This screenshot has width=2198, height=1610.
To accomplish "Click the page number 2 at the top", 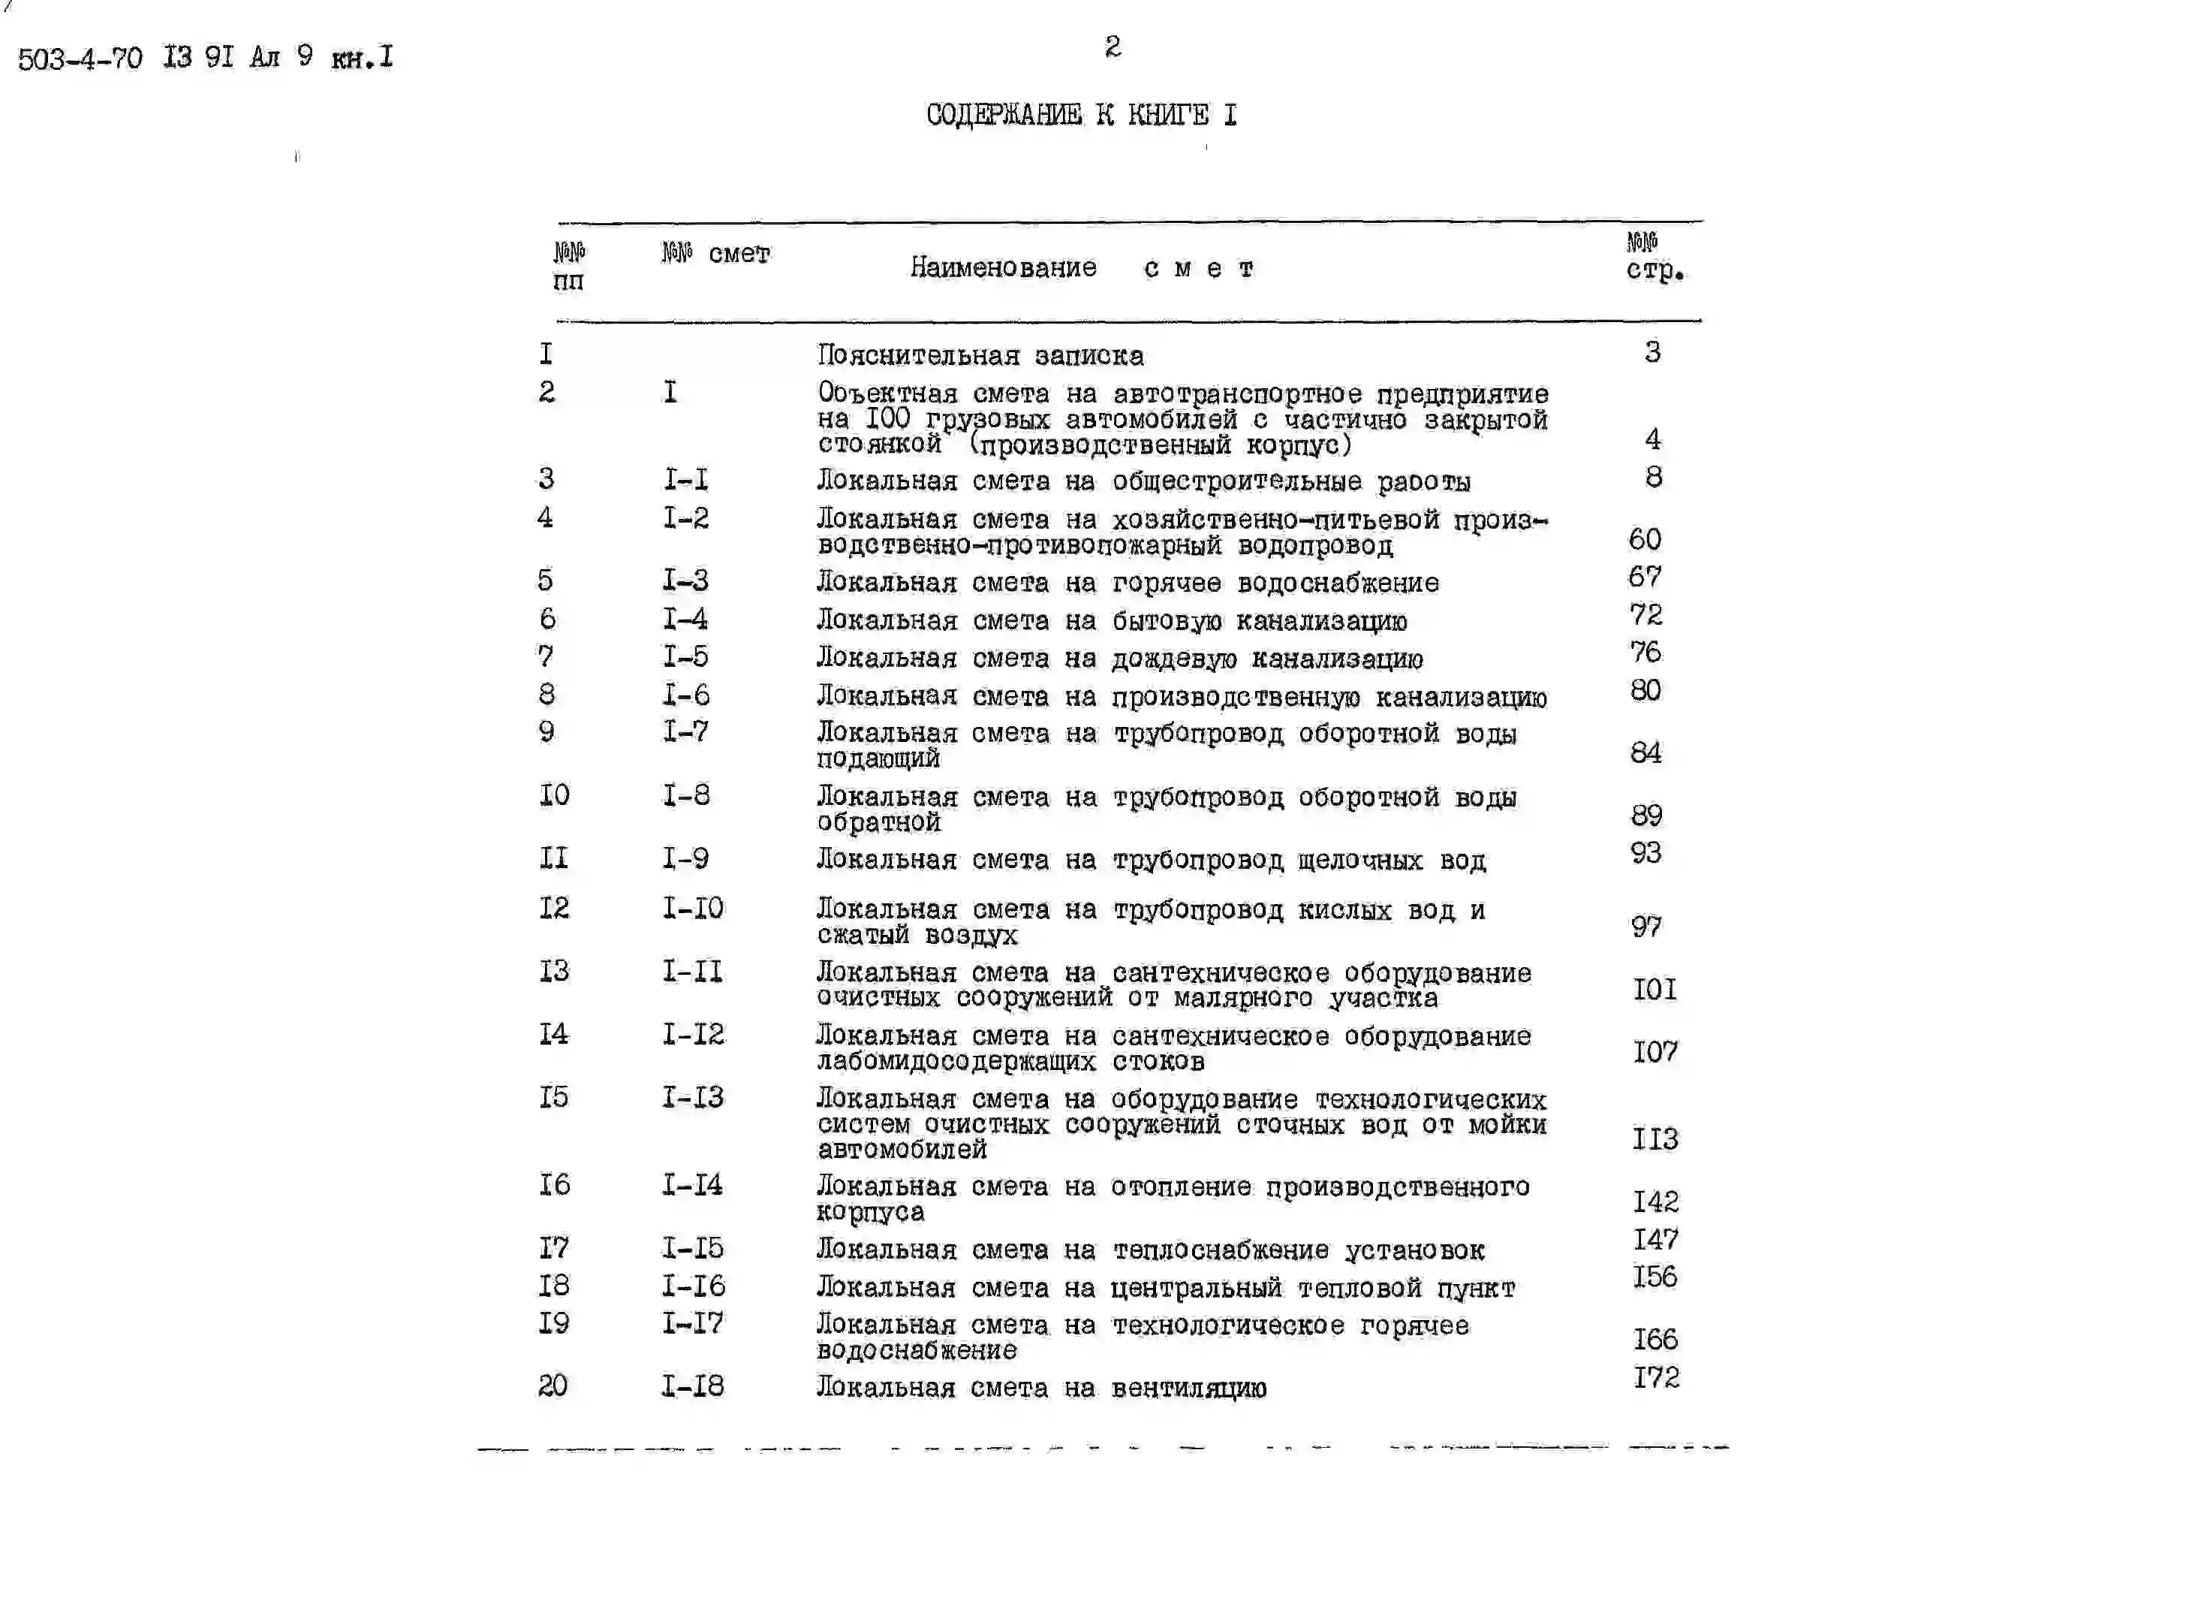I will (1112, 46).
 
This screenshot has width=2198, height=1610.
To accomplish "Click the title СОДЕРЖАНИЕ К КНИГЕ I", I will (1082, 115).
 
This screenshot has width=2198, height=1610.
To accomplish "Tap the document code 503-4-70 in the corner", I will (80, 59).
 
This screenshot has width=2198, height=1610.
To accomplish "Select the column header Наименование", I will (1003, 267).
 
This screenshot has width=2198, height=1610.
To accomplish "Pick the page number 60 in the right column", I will (1645, 539).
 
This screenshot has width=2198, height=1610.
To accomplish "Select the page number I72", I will (1655, 1377).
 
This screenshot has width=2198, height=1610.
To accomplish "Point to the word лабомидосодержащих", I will (956, 1061).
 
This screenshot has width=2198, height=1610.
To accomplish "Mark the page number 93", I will (1645, 853).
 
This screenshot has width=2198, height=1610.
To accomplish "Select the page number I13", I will (1655, 1138).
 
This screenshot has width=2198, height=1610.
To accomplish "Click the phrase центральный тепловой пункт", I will (1312, 1289).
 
